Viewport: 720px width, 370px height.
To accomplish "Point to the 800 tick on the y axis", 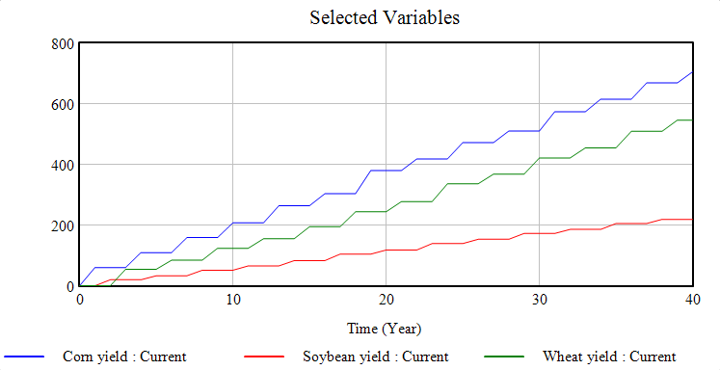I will [63, 43].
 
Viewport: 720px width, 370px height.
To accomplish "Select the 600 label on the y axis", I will [63, 104].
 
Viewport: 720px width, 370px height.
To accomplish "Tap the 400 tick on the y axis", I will [63, 165].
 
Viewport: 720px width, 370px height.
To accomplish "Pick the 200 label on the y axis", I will [63, 225].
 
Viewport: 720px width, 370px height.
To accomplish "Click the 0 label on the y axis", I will [69, 286].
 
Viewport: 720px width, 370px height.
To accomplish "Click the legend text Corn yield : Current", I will [124, 357].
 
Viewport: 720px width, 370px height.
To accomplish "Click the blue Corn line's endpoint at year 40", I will [692, 72].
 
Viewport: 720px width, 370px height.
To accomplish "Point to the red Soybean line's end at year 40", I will [692, 220].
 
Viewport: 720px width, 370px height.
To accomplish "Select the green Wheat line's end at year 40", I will [692, 120].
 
